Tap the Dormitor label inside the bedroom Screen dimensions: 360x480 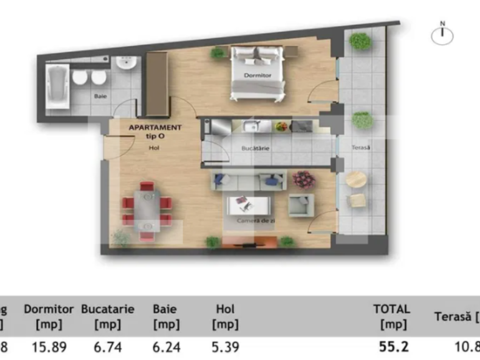(257, 75)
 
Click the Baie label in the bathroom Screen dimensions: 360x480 (100, 97)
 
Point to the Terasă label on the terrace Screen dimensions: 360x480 (361, 148)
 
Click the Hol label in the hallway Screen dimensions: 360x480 (154, 148)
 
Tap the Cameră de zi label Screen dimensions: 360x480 (252, 221)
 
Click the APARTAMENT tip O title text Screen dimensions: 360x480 (155, 131)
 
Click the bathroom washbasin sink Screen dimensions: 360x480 (127, 64)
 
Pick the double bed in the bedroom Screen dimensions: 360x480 (257, 72)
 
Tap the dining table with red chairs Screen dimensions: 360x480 (147, 211)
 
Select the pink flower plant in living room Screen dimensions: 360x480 (304, 179)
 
